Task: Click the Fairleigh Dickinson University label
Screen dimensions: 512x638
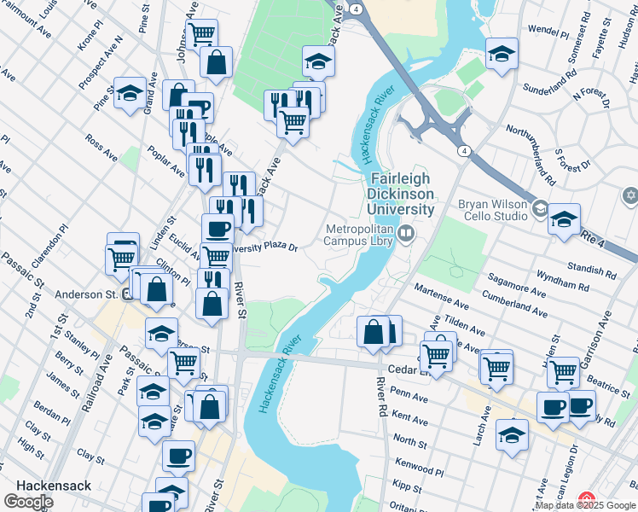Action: point(401,194)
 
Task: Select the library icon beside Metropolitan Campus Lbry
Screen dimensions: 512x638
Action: point(406,232)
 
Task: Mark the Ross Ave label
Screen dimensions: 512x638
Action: point(101,147)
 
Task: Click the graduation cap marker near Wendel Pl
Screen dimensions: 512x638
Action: point(502,52)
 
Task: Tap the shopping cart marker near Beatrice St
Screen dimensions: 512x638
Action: point(563,371)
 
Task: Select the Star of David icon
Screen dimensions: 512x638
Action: point(630,195)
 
